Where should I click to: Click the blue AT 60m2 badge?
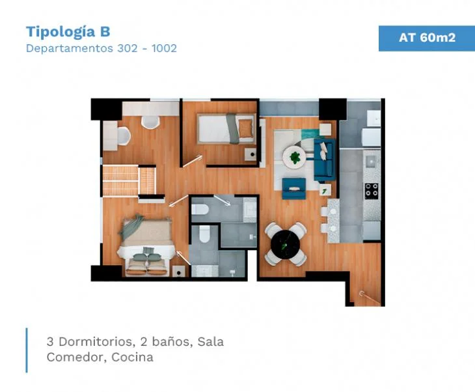click(x=427, y=38)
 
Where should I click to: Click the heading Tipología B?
click(x=68, y=32)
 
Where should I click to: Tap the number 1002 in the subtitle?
click(x=164, y=48)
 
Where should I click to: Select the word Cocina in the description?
click(x=132, y=357)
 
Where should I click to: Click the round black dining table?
click(x=286, y=244)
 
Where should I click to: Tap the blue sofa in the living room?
click(x=325, y=160)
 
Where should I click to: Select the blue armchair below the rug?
click(x=294, y=188)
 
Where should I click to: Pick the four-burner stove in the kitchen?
click(x=371, y=191)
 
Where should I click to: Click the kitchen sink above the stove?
click(x=371, y=161)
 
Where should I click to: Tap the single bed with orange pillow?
click(x=226, y=128)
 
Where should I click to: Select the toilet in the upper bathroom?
click(x=200, y=209)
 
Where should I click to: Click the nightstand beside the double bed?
click(x=179, y=272)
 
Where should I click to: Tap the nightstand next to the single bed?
click(x=251, y=154)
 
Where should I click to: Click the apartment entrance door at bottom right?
click(x=370, y=298)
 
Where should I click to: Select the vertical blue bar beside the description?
click(x=27, y=350)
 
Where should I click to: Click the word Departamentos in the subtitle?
click(x=70, y=48)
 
